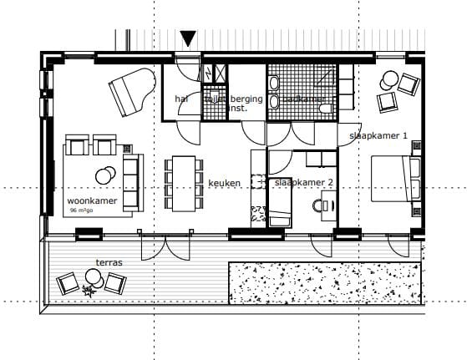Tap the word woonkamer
pos(91,201)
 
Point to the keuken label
pos(226,183)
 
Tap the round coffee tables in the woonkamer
pos(106,175)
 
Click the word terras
pos(109,262)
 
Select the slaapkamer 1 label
pos(378,135)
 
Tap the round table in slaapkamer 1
pos(388,81)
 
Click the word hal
pos(181,99)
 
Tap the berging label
pos(247,99)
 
